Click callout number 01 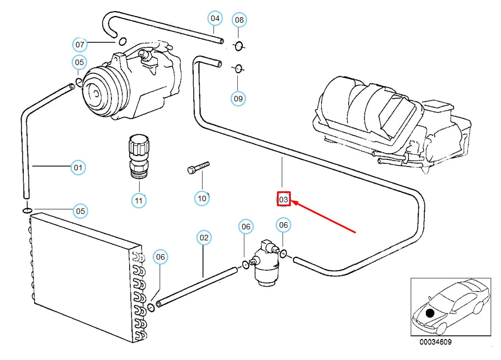click(78, 167)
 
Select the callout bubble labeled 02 click(204, 238)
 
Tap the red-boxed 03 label click(283, 199)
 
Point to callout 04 click(215, 19)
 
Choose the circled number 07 click(80, 44)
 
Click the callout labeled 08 click(238, 20)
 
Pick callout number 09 click(238, 99)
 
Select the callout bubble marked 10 click(202, 198)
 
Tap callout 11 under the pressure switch click(138, 200)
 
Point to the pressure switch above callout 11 click(138, 156)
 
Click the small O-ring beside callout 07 click(122, 40)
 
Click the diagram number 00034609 click(435, 342)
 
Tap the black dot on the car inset click(430, 313)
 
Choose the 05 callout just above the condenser click(81, 211)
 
